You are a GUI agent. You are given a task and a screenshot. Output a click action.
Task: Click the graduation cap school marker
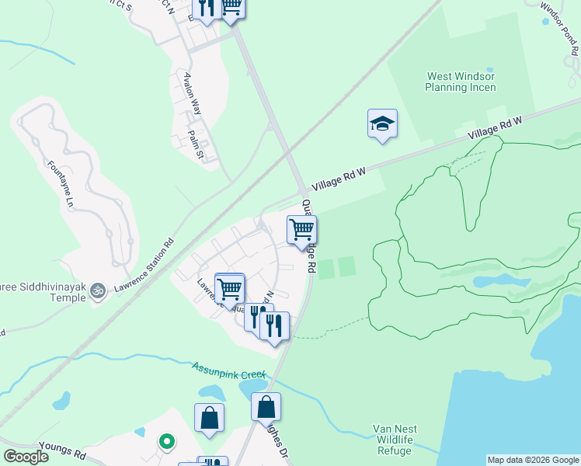382,124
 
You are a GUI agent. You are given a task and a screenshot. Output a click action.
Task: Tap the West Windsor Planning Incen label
460,82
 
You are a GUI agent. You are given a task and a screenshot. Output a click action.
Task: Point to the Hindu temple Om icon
97,291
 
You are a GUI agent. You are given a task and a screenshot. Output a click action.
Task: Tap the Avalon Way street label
192,93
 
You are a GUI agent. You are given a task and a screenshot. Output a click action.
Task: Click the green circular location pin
166,442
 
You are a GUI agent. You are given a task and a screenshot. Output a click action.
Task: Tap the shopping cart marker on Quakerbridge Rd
301,230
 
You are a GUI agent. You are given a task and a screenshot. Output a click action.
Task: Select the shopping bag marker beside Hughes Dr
266,406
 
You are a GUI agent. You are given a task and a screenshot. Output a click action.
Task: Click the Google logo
26,457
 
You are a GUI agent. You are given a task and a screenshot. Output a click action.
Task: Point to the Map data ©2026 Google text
532,460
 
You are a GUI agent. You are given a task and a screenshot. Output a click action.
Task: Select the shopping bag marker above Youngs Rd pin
210,418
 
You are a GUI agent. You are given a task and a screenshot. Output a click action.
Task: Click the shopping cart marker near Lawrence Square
230,288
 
